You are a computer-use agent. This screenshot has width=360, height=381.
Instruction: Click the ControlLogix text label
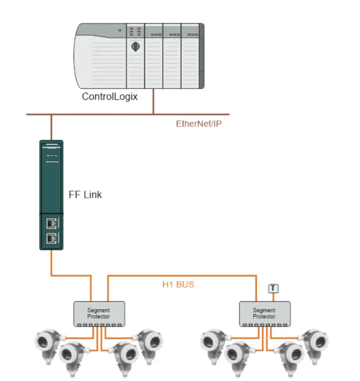(x=110, y=96)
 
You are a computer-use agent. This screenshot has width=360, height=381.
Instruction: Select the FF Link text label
(x=85, y=195)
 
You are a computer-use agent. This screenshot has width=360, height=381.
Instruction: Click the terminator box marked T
(x=273, y=288)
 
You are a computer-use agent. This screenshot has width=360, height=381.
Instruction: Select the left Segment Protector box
(x=99, y=313)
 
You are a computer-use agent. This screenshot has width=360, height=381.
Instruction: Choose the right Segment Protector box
(x=264, y=313)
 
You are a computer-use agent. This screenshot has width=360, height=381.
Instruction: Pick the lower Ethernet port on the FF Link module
(x=51, y=238)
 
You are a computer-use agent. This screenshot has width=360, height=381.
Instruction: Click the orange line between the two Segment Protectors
(x=183, y=275)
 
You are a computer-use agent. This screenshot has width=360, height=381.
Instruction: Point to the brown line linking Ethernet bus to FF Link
(x=51, y=127)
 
